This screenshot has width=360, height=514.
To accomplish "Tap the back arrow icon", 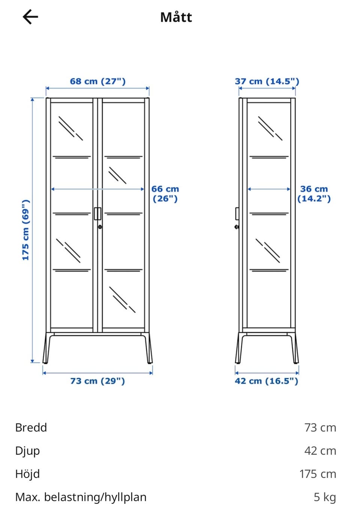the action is (30, 17).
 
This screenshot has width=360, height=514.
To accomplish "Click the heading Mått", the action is (176, 17).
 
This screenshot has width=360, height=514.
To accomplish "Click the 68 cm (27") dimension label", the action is (97, 81).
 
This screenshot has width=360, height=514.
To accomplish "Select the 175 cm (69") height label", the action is (26, 230).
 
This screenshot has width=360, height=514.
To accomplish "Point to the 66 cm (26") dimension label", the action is (165, 194).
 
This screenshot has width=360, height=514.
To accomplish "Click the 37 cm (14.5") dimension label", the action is (267, 81).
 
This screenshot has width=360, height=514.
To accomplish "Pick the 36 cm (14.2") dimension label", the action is (314, 194).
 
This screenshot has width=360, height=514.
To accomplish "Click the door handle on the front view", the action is (97, 214).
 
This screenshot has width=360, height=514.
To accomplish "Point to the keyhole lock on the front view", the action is (100, 227).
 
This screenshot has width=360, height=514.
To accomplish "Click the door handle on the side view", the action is (237, 214).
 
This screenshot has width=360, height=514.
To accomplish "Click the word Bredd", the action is (31, 427).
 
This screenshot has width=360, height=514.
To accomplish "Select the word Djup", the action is (27, 451).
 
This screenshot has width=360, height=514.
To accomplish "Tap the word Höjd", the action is (27, 474).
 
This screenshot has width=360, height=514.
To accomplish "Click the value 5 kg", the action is (325, 497).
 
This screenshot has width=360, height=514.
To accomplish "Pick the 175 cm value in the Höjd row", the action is (318, 474).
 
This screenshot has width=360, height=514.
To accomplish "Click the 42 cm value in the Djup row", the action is (320, 451).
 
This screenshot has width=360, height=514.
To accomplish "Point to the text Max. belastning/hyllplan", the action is (81, 497).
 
